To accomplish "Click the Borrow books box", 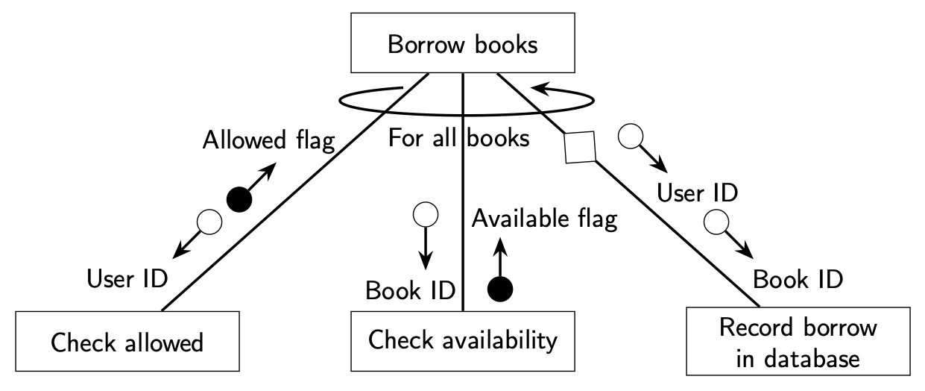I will [462, 44].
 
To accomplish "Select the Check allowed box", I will [127, 342].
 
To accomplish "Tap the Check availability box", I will [463, 340].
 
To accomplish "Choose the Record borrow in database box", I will [797, 342].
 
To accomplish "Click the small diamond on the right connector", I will [581, 146].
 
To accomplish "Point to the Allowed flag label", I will [268, 140].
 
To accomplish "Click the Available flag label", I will [545, 219].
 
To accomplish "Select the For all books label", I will [459, 139].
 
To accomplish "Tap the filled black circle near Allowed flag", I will [239, 199].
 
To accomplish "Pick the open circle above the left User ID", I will [209, 222].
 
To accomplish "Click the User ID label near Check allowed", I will [127, 278].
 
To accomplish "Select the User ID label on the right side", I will [697, 193].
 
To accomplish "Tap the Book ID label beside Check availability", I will [410, 290].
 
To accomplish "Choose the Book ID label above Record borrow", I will [798, 279].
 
